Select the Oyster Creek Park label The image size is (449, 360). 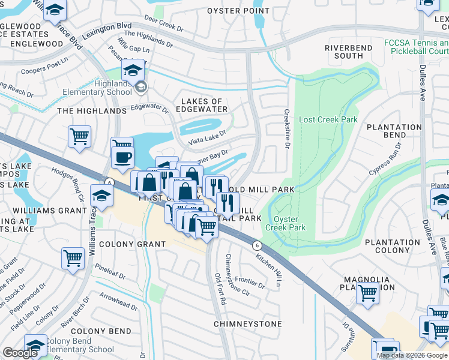[290, 223]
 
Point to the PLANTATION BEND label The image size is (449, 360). [394, 131]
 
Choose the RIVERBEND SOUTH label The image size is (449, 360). [344, 52]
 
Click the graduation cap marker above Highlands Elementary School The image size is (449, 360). [133, 71]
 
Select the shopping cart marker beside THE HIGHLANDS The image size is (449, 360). [79, 137]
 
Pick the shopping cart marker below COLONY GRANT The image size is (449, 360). [73, 258]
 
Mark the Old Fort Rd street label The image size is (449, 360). [219, 289]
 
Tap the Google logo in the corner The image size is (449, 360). [20, 353]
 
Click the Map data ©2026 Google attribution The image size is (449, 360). [412, 355]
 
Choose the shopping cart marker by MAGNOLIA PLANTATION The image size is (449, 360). [367, 293]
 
